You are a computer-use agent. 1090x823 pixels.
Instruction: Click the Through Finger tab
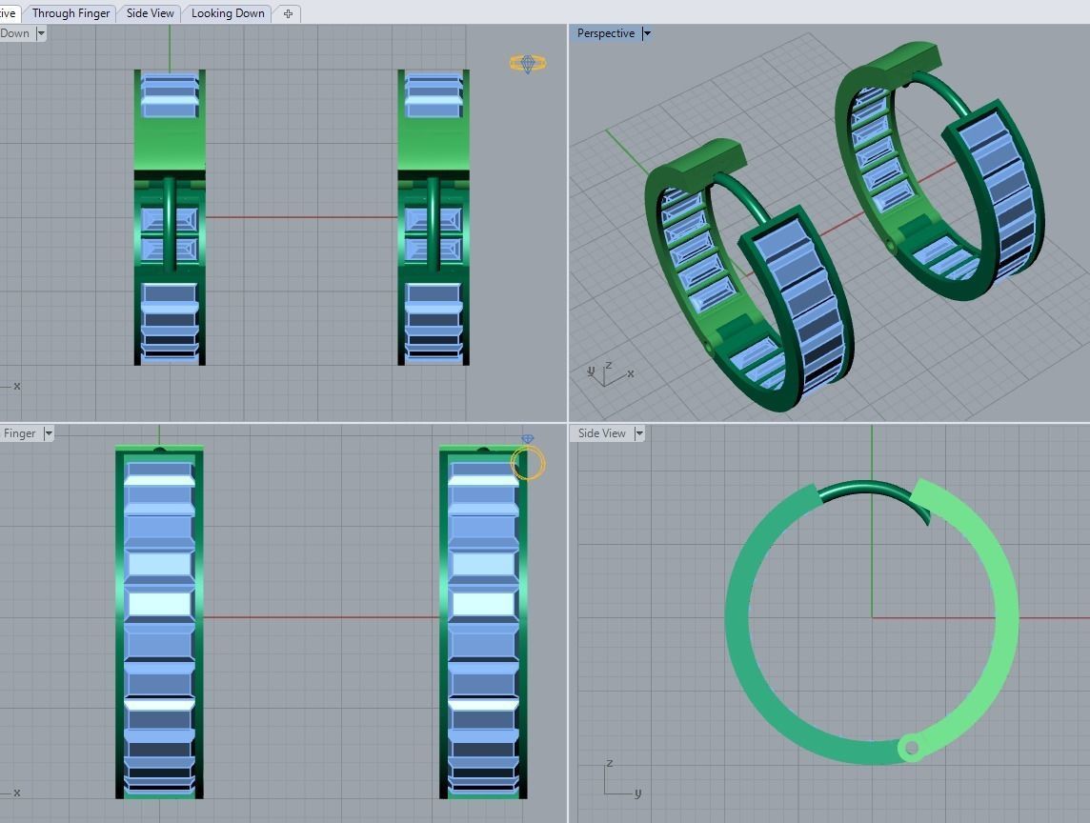click(x=71, y=13)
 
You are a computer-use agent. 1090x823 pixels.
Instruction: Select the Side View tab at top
click(x=151, y=13)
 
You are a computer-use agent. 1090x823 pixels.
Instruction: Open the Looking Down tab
click(x=228, y=13)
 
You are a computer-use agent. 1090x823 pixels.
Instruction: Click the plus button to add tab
click(x=288, y=13)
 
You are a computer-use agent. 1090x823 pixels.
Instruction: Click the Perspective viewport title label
click(x=605, y=33)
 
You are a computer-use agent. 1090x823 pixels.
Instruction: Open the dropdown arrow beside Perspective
click(x=647, y=33)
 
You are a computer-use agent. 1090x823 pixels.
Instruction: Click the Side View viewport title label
click(x=601, y=433)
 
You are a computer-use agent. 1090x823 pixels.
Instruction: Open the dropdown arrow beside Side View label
click(x=639, y=433)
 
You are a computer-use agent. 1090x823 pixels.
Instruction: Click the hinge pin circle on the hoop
click(x=912, y=749)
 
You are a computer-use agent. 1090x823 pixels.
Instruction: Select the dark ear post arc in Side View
click(x=872, y=489)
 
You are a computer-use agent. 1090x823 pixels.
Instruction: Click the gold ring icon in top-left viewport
click(x=527, y=64)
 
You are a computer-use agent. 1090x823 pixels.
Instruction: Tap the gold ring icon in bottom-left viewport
click(x=528, y=462)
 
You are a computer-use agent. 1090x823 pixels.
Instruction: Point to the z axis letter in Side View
click(x=609, y=764)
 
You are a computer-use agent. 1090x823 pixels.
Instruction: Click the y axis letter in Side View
click(x=637, y=793)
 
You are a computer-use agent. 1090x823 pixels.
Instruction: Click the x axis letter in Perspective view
click(x=630, y=373)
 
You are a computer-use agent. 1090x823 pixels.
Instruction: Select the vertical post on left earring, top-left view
click(x=170, y=224)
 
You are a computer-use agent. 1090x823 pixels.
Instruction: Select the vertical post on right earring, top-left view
click(x=434, y=224)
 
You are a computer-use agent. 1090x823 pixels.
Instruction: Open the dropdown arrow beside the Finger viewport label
click(x=49, y=433)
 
